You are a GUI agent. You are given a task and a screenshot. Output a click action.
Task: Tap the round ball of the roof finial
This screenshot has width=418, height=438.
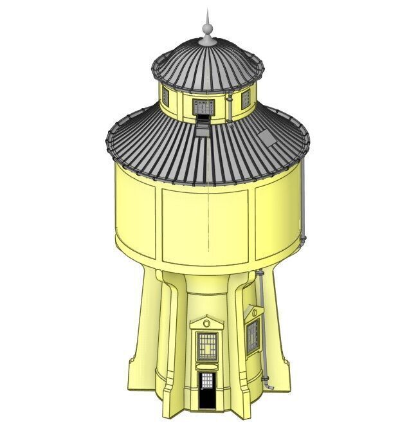(207, 28)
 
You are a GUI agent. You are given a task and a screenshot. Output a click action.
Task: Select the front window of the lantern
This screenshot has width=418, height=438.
(204, 107)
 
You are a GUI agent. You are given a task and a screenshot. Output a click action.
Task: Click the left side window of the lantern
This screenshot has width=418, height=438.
(165, 96)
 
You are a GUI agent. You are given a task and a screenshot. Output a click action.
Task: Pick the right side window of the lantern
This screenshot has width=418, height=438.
(246, 98)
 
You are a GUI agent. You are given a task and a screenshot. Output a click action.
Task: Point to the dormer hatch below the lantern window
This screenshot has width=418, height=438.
(204, 127)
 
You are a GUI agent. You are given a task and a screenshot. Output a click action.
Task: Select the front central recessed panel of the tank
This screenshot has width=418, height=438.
(205, 226)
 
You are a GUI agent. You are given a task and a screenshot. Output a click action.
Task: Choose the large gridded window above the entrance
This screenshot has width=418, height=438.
(206, 347)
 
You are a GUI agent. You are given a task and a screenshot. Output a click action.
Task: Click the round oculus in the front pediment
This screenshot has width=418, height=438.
(206, 323)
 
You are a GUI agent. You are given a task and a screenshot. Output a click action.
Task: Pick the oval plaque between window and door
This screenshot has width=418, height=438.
(206, 367)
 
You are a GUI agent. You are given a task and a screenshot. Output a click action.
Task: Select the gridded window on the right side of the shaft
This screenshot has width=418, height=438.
(252, 336)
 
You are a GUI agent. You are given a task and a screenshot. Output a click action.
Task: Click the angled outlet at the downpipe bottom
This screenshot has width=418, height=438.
(269, 386)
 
